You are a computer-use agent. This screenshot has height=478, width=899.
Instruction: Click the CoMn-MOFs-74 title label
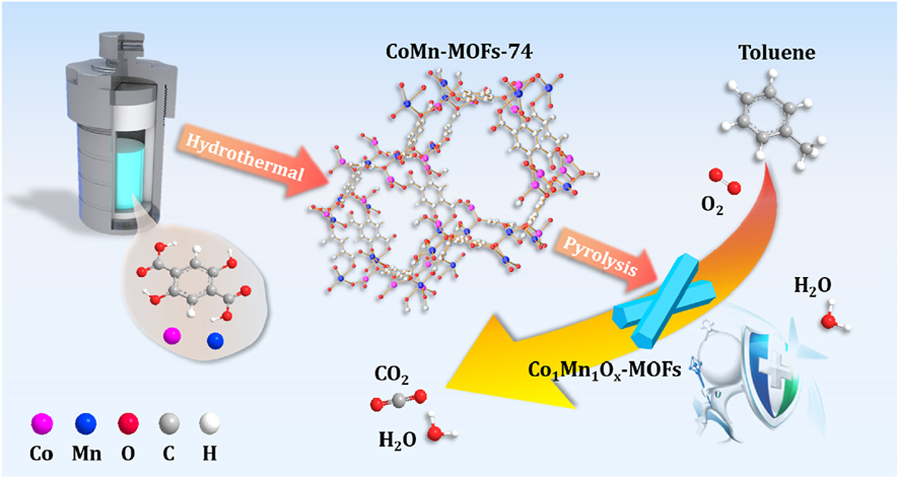(459, 52)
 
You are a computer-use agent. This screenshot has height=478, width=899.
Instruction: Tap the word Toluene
(777, 53)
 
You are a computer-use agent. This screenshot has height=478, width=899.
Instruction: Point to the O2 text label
(712, 205)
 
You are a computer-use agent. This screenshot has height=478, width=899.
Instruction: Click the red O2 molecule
(725, 181)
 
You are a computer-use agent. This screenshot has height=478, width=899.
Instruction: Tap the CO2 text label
(392, 374)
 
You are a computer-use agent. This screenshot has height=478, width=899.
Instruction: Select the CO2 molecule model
(399, 400)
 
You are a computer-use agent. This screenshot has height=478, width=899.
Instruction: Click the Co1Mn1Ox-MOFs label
(605, 370)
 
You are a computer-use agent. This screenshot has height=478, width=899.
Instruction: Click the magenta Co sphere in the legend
(42, 424)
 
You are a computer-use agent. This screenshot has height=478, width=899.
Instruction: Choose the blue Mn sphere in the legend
(86, 424)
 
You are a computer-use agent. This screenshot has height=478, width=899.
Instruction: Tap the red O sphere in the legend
(128, 424)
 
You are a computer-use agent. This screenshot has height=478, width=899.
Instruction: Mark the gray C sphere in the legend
(169, 424)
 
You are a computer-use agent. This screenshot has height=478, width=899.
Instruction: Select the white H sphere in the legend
(209, 424)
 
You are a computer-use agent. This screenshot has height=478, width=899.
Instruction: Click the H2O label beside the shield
(812, 285)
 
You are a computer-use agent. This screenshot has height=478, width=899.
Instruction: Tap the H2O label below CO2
(397, 440)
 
